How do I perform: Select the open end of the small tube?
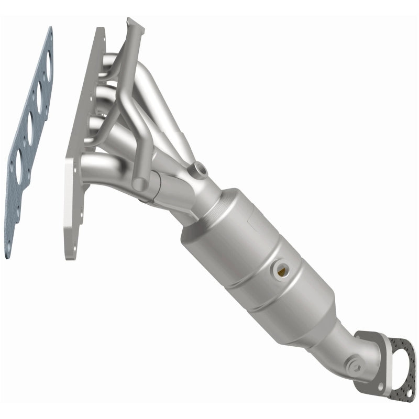point(139,185)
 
